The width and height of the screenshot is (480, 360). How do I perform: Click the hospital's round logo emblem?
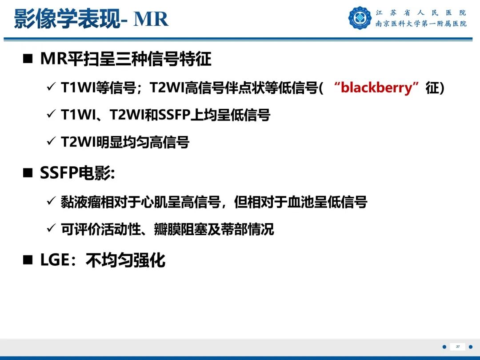(360, 18)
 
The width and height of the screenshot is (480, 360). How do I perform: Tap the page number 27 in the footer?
(458, 347)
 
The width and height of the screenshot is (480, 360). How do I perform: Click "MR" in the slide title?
(151, 19)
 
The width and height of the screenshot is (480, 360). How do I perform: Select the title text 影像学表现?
(67, 19)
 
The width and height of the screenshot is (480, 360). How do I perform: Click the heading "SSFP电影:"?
(77, 173)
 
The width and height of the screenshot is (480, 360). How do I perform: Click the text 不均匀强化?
(125, 260)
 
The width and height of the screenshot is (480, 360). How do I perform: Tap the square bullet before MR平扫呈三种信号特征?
(28, 60)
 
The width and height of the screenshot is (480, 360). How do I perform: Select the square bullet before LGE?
(28, 260)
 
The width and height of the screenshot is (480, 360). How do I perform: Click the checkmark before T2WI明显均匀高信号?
(51, 142)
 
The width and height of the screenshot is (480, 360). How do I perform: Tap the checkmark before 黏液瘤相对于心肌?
(51, 202)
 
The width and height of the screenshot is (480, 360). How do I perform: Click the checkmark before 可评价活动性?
(51, 229)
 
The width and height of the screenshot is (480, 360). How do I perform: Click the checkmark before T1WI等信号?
(51, 88)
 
